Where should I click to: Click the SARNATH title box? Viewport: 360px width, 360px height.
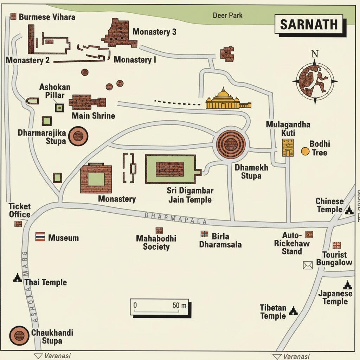[x=309, y=25]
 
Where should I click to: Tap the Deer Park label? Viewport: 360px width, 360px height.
[x=227, y=15]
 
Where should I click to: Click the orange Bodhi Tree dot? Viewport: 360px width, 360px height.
[x=305, y=151]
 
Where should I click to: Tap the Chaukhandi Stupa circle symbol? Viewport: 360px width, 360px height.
[x=19, y=335]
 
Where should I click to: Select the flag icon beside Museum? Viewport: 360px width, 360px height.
[x=40, y=237]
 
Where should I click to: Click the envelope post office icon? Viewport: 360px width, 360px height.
[x=308, y=265]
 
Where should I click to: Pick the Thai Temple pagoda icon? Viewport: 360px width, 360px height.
[x=17, y=278]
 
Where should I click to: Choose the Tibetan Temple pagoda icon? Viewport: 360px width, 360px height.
[x=293, y=310]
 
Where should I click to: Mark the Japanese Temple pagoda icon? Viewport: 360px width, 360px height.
[x=347, y=285]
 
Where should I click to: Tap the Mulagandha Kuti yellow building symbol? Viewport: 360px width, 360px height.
[x=288, y=148]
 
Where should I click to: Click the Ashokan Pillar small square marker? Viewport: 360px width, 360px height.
[x=59, y=108]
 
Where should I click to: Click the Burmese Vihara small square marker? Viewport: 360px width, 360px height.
[x=14, y=16]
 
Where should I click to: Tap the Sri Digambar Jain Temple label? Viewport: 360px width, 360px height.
[x=190, y=195]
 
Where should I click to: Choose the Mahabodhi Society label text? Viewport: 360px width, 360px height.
[x=156, y=243]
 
